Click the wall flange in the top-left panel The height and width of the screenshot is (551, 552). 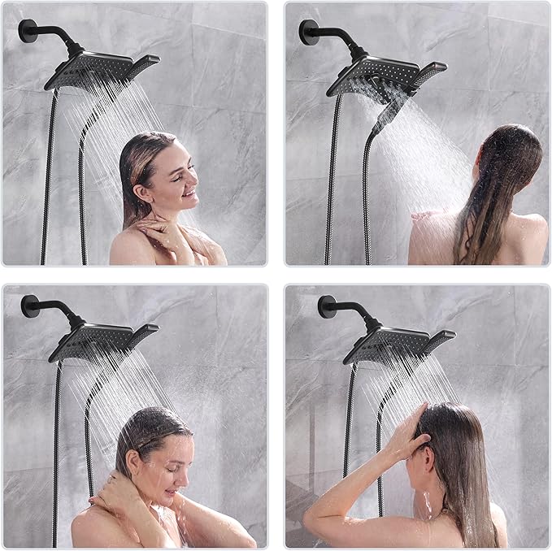point(27,31)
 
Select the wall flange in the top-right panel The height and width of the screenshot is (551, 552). point(308,32)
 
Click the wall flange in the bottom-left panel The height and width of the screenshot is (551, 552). point(30,306)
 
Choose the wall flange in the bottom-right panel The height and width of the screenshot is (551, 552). point(327,306)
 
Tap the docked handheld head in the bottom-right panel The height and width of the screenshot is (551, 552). point(438,336)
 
